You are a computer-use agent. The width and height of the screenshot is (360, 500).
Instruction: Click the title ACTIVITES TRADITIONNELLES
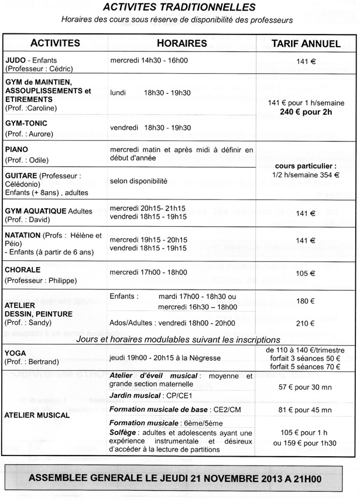[179, 8]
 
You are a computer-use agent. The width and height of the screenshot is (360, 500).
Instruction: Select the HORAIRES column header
[182, 43]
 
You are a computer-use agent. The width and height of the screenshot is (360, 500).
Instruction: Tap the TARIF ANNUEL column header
[306, 43]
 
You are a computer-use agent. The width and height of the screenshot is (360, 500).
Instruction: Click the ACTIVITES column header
[55, 43]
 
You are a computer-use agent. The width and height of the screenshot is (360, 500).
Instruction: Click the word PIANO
[17, 150]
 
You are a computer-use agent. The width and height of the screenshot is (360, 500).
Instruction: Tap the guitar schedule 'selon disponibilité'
[138, 180]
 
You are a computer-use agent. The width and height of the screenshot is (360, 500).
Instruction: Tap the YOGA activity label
[15, 353]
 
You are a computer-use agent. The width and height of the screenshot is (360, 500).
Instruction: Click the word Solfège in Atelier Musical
[124, 432]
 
